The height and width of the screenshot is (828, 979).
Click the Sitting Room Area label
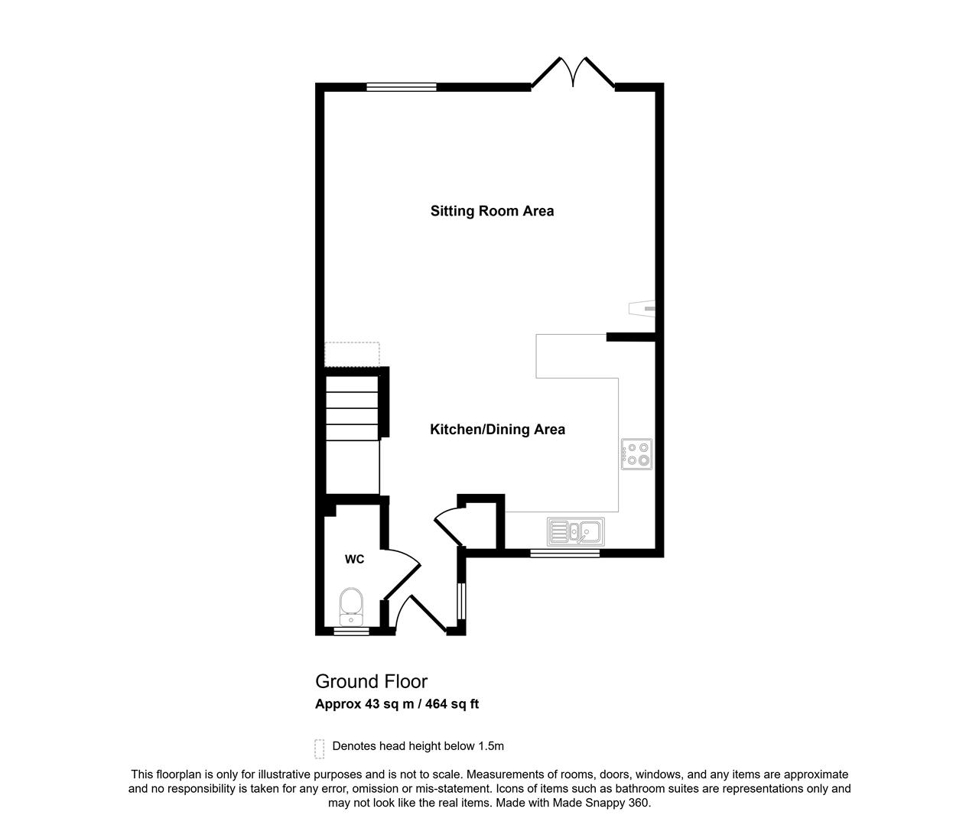coord(492,211)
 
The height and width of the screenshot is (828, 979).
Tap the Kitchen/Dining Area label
coord(497,430)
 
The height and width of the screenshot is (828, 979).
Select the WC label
coord(354,559)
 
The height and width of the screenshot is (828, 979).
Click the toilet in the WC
coord(351,606)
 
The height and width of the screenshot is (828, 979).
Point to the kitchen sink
coord(575,531)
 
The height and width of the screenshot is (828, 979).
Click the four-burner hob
coord(636,454)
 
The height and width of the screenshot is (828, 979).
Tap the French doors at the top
coord(573,73)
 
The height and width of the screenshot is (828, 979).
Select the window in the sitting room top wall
coord(402,86)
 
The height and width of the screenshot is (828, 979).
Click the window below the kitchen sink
coord(564,553)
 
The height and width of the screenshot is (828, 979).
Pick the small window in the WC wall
coord(351,631)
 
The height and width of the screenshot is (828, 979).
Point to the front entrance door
coord(421,613)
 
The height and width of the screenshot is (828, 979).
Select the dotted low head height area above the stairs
coord(352,354)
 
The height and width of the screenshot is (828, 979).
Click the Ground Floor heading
coord(371,682)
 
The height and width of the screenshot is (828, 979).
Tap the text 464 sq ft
coord(452,704)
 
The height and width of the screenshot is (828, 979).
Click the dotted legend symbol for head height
coord(320,749)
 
